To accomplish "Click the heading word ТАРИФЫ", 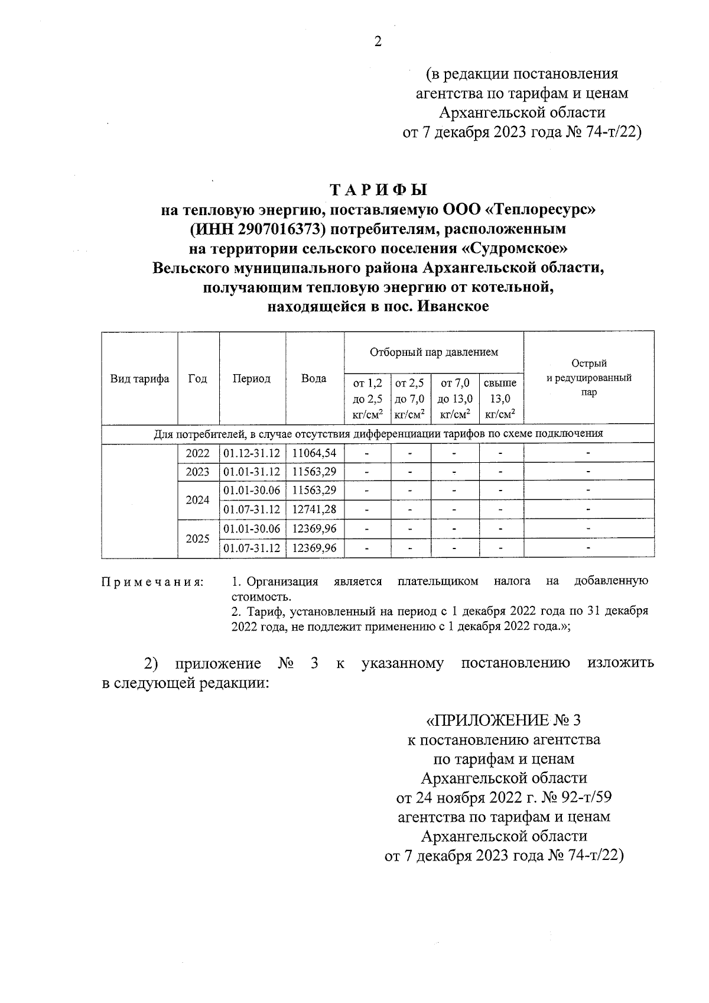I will [x=378, y=190].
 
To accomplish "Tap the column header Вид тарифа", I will [x=140, y=379].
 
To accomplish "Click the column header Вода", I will [x=314, y=379].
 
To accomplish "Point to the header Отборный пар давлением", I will [x=434, y=352].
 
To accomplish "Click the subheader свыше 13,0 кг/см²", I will [x=500, y=399].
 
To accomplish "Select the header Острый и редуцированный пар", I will [x=588, y=378].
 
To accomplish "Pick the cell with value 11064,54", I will [x=314, y=453].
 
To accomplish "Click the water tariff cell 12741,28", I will [x=314, y=509].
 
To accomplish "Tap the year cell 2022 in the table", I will [x=198, y=453].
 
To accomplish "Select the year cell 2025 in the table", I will [x=198, y=538].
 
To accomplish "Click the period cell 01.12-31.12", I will [x=252, y=453].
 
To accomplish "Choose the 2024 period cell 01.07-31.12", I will [x=252, y=509].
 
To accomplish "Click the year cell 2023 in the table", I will [x=198, y=472].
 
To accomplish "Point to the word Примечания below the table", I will [x=152, y=583].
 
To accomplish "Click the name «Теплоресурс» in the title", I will [x=538, y=209].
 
